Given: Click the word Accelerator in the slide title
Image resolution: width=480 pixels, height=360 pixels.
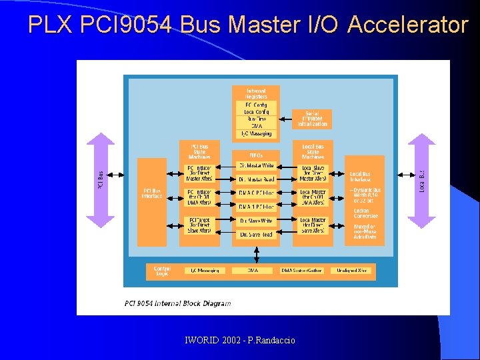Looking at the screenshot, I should [x=408, y=25].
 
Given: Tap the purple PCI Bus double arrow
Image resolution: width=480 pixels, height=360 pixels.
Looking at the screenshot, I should [x=100, y=180].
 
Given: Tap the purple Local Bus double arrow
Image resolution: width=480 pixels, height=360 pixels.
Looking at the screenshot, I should [x=421, y=180].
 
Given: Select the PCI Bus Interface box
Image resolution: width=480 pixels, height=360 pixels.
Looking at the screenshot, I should [x=152, y=193].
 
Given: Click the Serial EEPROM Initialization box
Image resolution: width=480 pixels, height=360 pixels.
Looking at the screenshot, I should [x=312, y=119].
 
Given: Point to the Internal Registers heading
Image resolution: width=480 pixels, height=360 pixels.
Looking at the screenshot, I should [x=256, y=93].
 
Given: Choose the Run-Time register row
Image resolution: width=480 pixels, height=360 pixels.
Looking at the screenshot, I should [x=256, y=119].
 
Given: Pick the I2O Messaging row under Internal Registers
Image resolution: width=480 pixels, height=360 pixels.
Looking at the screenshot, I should [x=256, y=133].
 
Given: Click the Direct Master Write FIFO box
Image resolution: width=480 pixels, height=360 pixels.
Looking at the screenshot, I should [x=257, y=165].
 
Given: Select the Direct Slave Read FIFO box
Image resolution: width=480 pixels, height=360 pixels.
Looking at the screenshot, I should [x=257, y=235].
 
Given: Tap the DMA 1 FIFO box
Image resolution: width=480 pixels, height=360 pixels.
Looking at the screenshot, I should [x=257, y=207].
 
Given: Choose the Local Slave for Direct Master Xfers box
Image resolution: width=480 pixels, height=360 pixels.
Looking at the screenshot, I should [x=313, y=173].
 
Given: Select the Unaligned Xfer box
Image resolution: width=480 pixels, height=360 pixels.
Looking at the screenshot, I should [x=351, y=271].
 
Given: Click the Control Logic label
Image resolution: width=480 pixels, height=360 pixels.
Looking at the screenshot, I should [x=162, y=271].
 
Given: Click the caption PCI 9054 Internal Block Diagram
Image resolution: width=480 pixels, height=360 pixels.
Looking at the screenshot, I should [x=178, y=303].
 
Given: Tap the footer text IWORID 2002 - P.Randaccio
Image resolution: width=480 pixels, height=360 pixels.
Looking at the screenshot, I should [x=240, y=341].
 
